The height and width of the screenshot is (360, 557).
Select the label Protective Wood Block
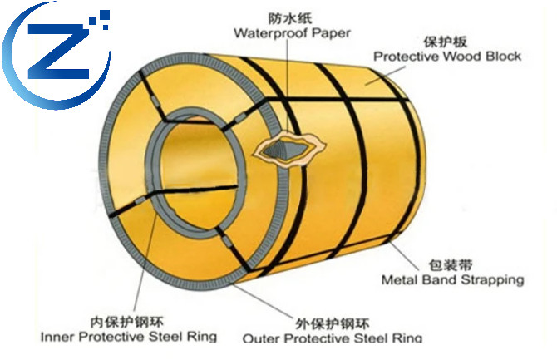tap(447, 57)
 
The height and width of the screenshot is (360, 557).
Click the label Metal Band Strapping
tap(452, 280)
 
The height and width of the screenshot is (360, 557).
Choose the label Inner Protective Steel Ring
tap(128, 337)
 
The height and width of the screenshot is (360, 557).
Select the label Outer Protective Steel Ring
tap(332, 338)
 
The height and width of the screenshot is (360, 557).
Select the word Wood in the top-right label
tap(461, 57)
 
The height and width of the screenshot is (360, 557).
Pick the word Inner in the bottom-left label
tap(56, 337)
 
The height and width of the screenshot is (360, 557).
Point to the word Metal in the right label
tap(397, 280)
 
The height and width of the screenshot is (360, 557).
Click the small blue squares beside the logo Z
tap(103, 17)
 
